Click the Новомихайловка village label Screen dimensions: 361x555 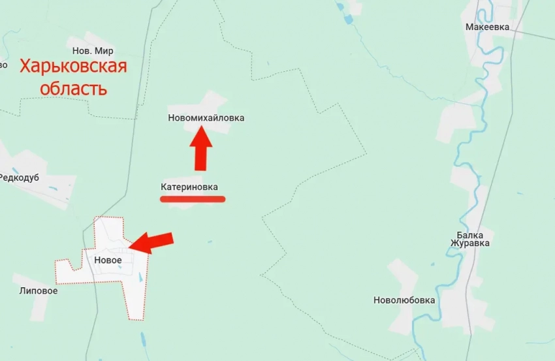[x=206, y=118]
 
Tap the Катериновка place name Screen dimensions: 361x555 [x=189, y=187]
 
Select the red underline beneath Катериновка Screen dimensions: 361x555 [x=193, y=199]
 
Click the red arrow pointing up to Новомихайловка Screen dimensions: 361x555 [x=201, y=149]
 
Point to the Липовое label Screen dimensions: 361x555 [x=38, y=290]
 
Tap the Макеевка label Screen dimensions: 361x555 [x=487, y=27]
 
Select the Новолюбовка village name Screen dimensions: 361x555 [x=404, y=300]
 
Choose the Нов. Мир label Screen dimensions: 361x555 [x=92, y=51]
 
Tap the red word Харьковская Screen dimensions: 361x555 [x=72, y=67]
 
